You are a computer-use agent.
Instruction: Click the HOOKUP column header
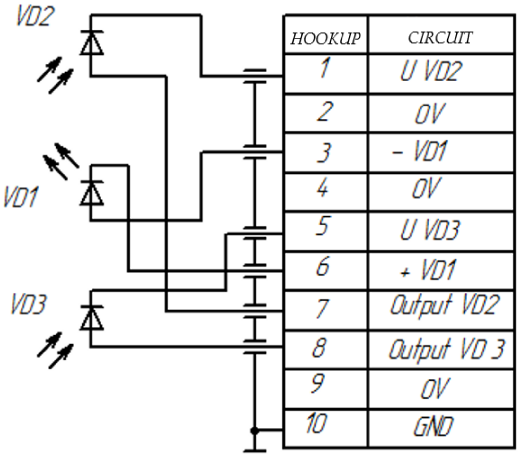tap(325, 38)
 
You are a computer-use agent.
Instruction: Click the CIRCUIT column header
tap(440, 38)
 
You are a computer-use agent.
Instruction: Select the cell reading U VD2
tap(431, 71)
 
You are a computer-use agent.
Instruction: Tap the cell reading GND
tap(433, 427)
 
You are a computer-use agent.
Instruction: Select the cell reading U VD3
tap(430, 230)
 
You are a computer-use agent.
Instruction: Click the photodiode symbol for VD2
tap(91, 43)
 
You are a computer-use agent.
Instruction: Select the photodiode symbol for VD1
tap(91, 193)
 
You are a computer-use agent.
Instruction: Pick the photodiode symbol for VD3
tap(91, 318)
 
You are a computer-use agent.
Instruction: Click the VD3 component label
tap(28, 304)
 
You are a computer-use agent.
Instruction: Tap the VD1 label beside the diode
tap(20, 197)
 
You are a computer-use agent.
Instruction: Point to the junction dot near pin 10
tap(255, 431)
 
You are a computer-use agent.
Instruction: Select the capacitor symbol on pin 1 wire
tap(255, 76)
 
